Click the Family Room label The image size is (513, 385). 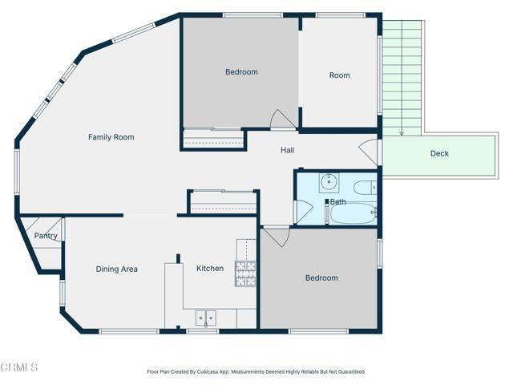(x=111, y=137)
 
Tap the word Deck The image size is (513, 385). (x=439, y=153)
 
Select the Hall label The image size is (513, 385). (x=287, y=151)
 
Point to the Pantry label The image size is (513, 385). (x=45, y=236)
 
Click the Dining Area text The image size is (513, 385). (x=116, y=269)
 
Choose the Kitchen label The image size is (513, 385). (x=210, y=268)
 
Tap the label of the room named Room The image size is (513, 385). (x=339, y=75)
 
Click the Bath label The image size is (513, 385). (x=337, y=201)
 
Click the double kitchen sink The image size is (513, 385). (x=204, y=318)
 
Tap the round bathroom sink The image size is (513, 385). (x=328, y=182)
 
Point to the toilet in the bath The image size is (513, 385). (x=365, y=189)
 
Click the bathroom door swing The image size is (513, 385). (x=303, y=211)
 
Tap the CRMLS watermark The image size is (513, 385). (x=20, y=367)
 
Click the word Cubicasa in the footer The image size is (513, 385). (x=216, y=372)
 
